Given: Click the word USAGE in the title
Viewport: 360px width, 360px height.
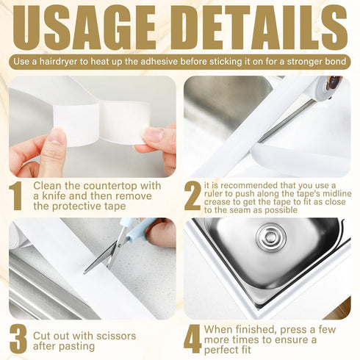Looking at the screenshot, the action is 84,27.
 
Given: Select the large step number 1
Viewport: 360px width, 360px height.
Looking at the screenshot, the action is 15,195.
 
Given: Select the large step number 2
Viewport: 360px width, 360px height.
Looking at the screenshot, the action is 192,195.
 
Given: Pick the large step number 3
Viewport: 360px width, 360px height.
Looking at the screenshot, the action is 18,339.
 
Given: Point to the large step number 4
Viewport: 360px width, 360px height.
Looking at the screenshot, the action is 192,339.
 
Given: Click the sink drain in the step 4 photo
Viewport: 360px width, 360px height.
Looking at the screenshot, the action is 271,237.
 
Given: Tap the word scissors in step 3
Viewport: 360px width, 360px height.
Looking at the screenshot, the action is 116,336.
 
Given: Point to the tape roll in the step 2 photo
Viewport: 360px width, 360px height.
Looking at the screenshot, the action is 328,87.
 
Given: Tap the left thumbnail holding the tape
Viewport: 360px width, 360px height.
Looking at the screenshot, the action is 57,137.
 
